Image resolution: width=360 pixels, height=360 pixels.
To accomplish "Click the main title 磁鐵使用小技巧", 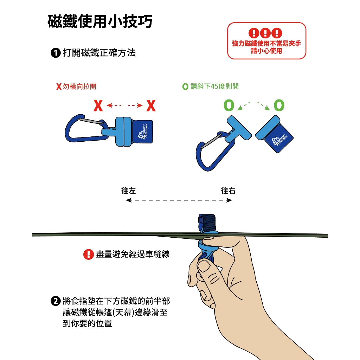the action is coord(100,21).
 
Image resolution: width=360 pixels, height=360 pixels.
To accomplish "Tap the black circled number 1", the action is coord(56,53).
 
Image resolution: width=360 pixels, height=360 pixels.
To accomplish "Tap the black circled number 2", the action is coord(56,301).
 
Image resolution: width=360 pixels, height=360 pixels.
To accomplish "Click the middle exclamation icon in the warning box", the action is coord(265,33).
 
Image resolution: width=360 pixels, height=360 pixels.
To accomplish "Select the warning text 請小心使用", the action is coord(266,51).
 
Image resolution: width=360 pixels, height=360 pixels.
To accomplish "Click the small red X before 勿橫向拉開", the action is coord(59,86).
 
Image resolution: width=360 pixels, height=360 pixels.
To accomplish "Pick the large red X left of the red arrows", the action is coord(98,105).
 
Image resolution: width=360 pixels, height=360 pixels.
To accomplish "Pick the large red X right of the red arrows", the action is coord(151,105).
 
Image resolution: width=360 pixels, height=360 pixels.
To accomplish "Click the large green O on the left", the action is coord(229,105).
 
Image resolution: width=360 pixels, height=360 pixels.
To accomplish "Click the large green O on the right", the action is coord(279,105).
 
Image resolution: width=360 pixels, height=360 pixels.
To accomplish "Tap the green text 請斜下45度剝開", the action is coord(214,86).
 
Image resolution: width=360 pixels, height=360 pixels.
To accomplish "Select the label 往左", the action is coord(128,191).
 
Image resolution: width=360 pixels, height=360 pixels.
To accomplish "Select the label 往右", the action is coord(228,191).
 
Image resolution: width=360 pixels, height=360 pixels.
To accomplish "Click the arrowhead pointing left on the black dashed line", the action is coord(129,200).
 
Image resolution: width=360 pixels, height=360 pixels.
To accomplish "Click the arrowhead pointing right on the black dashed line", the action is coord(229,200).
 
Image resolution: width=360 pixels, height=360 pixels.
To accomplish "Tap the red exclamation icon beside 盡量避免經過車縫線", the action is coord(88,255).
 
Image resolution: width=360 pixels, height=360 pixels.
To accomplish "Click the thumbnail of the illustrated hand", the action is coord(204,266).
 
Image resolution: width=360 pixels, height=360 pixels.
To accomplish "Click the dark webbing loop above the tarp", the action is coord(207,224).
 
